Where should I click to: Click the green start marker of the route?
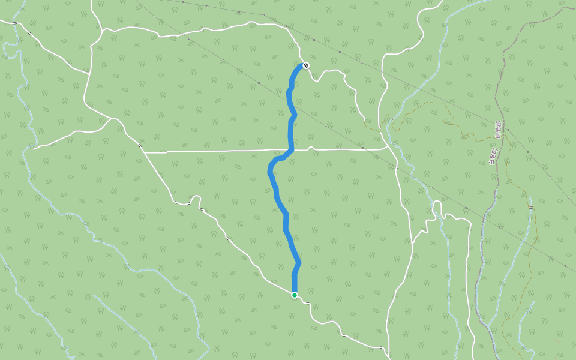295,295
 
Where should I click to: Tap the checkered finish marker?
306,65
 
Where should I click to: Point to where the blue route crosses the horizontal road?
291,149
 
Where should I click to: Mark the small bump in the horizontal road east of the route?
311,147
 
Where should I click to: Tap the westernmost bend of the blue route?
269,172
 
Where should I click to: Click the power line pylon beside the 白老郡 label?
508,130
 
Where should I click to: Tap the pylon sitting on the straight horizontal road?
362,148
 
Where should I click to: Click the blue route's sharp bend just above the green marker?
298,264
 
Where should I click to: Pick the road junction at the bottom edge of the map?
385,348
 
